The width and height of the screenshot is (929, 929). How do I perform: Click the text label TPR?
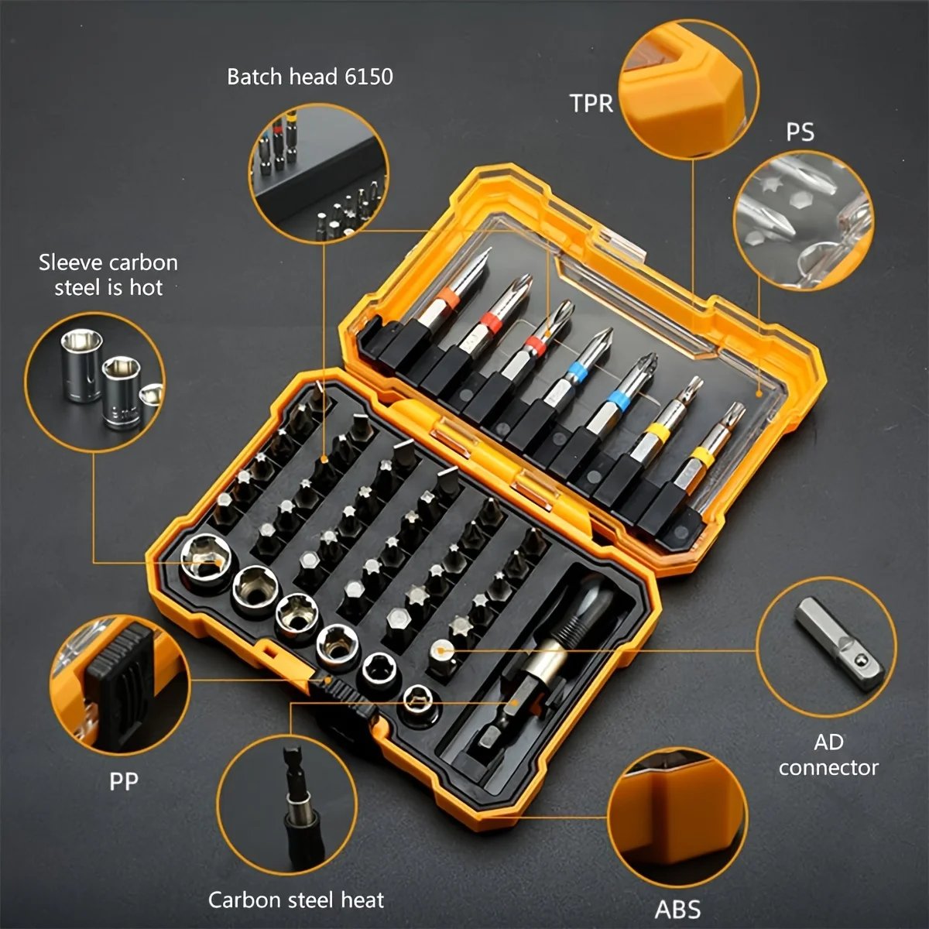tap(591, 103)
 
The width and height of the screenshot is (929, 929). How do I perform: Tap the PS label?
tap(800, 132)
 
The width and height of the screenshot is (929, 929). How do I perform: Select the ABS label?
tap(678, 908)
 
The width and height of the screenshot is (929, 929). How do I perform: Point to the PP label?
tap(124, 781)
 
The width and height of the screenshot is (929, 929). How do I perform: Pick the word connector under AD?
tap(828, 767)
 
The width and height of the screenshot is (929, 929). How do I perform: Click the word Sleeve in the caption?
tap(71, 262)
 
